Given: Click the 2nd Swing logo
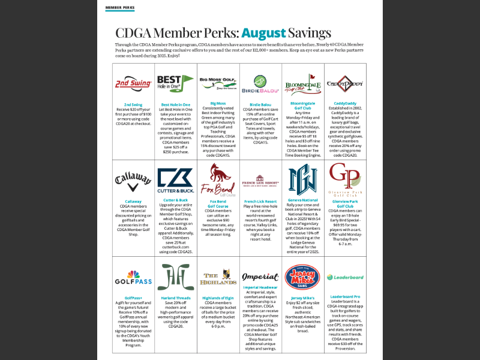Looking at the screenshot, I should click(x=133, y=83).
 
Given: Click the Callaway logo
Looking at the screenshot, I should click(x=133, y=178).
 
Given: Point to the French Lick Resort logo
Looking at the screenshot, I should click(x=260, y=179).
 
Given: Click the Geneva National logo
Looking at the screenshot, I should click(x=302, y=179).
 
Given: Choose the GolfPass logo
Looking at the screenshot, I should click(x=133, y=278).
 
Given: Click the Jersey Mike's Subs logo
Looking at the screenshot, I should click(x=302, y=277).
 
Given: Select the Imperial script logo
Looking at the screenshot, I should click(x=260, y=277).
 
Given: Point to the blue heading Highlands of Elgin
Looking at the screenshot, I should click(x=217, y=298).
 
